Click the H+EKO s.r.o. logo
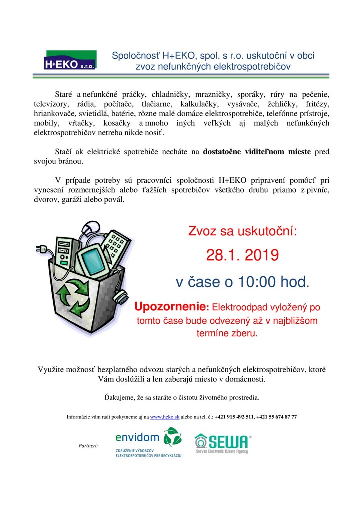coord(71,59)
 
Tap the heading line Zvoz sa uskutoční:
coord(242,231)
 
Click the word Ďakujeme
coord(120,397)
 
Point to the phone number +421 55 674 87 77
coord(277,417)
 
